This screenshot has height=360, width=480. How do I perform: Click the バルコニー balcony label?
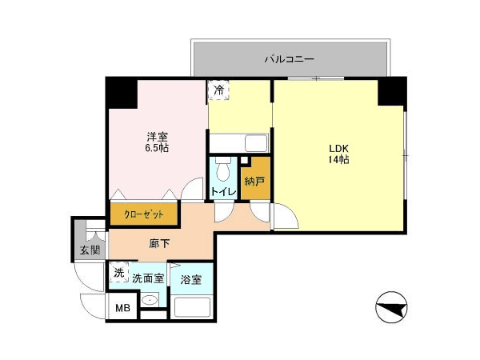click(290, 59)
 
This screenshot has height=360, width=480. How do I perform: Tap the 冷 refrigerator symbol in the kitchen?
click(218, 90)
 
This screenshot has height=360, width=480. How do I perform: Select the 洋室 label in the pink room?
click(157, 137)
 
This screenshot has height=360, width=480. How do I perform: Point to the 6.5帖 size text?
click(157, 148)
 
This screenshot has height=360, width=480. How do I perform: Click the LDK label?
click(339, 149)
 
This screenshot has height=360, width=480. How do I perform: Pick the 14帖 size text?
click(339, 160)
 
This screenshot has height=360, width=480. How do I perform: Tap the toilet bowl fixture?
click(223, 169)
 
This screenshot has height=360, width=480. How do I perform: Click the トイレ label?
click(224, 192)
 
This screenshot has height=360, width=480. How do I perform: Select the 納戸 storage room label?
click(254, 182)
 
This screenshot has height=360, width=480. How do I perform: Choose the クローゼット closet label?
click(144, 214)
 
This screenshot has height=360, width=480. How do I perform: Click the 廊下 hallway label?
click(159, 243)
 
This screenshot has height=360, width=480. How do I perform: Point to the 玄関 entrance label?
click(90, 250)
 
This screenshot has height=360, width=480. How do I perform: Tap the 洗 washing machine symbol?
click(119, 273)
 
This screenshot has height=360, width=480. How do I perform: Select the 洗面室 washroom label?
click(148, 278)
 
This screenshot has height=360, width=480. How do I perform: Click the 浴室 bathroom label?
click(190, 279)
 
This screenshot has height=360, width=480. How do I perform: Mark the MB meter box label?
click(122, 308)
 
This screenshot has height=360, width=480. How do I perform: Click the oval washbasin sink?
click(150, 300)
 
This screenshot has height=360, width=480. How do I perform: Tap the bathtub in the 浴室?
click(192, 307)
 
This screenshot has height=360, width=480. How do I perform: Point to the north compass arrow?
click(391, 307)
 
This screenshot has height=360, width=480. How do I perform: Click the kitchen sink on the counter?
click(256, 143)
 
